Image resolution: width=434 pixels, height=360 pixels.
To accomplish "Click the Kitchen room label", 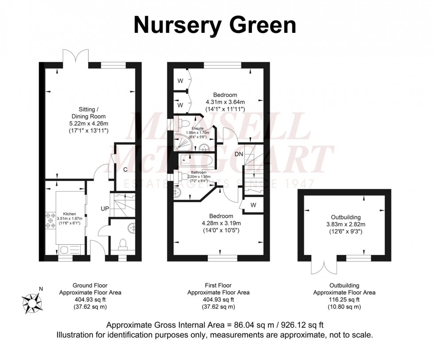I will coord(70,213).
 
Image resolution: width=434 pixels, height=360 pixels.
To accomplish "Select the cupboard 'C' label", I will coord(125,169).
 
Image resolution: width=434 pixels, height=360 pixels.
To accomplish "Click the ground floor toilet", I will coord(123,243).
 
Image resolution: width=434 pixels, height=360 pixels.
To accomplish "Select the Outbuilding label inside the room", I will coord(347,217).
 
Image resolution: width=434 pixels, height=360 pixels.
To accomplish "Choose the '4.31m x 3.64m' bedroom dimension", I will coord(225,102).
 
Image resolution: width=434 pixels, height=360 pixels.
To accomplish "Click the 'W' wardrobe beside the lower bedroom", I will coord(253,205).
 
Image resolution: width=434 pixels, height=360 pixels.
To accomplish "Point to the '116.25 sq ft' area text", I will coord(345,300).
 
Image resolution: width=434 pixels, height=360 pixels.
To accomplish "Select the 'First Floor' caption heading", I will coord(218,286).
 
